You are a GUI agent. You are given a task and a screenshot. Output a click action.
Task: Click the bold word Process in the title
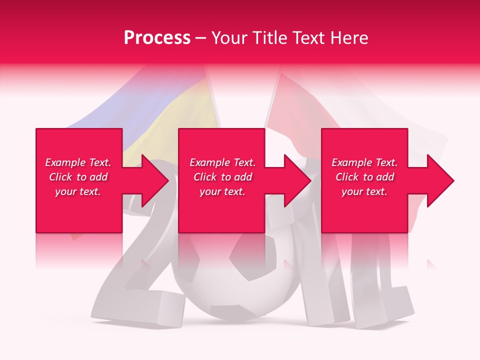(x=157, y=38)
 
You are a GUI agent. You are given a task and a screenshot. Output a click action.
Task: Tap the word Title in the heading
(x=270, y=38)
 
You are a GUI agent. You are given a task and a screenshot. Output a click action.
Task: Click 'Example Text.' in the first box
(x=78, y=162)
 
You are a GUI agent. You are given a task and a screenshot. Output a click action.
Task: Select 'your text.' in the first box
(x=78, y=191)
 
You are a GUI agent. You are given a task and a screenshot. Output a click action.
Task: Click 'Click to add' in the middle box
(x=222, y=177)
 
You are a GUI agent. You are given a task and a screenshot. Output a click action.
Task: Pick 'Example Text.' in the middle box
(x=222, y=162)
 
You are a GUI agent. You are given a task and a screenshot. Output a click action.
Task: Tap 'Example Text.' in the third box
(x=364, y=162)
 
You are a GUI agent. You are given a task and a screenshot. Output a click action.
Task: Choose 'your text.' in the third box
(x=364, y=191)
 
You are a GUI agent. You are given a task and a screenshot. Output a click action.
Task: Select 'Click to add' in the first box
(x=78, y=177)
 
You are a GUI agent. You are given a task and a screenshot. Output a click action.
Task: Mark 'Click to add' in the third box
(x=364, y=177)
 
